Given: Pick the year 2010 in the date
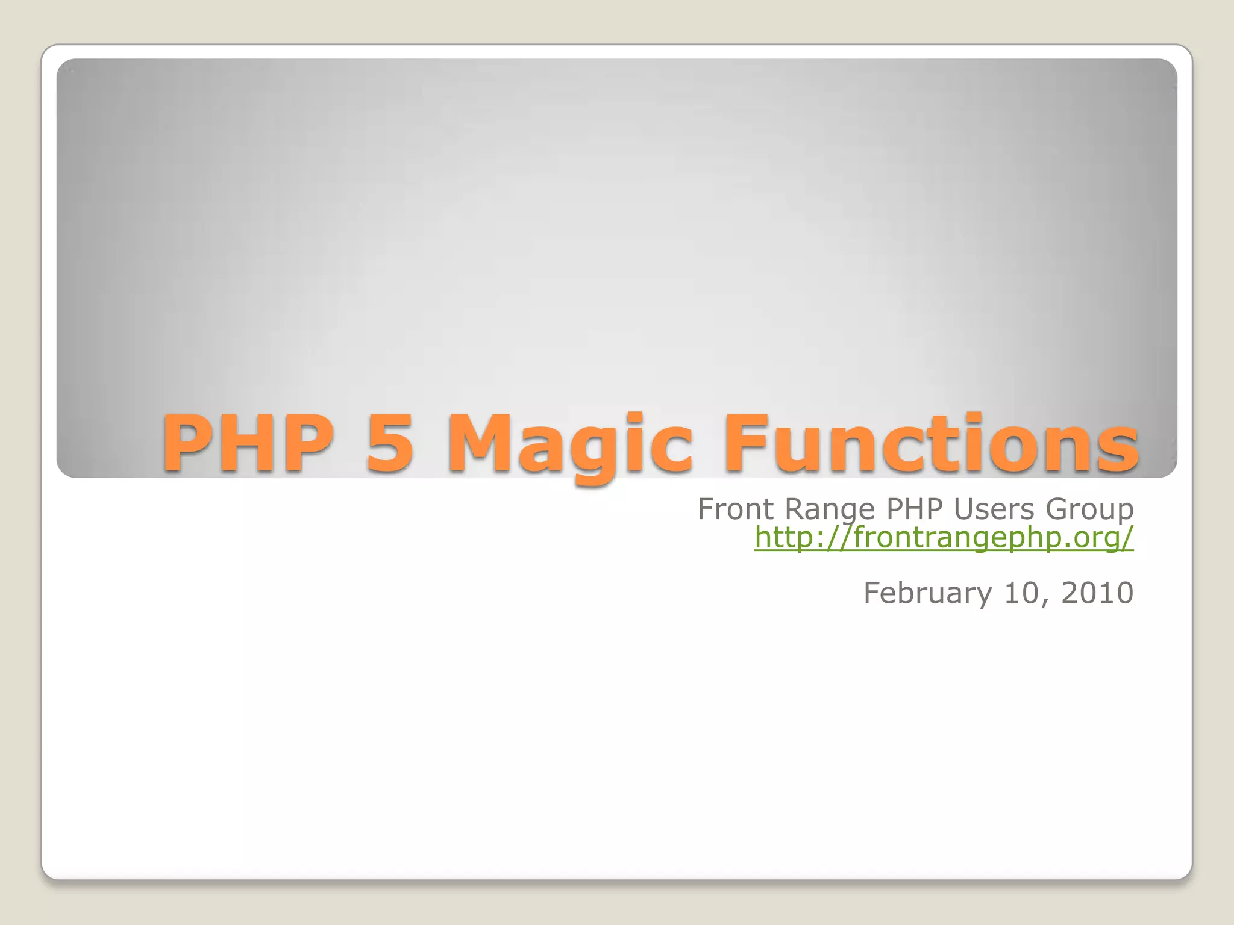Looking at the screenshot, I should click(1097, 593).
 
